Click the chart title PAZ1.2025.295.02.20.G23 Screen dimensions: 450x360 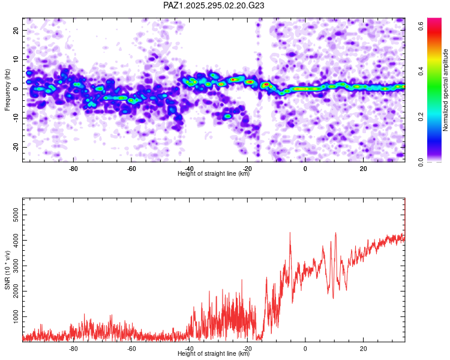coord(214,5)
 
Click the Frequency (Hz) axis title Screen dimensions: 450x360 coord(7,89)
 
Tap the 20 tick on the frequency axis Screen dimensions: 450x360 coord(16,30)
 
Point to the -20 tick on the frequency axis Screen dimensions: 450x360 coord(16,147)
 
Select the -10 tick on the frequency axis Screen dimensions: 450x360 coord(16,118)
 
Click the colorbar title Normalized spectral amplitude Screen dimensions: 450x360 coord(445,89)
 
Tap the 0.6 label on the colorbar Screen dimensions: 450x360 coord(421,26)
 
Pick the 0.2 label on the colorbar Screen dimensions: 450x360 coord(421,116)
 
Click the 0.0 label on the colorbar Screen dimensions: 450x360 coord(421,162)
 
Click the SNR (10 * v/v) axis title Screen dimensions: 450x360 coord(7,270)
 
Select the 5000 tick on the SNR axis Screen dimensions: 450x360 coord(16,215)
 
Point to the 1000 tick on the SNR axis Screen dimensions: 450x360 coord(16,317)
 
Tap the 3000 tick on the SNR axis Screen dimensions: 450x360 coord(16,266)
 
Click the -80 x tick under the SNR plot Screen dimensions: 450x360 coord(73,349)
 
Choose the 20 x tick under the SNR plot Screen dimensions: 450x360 coord(364,349)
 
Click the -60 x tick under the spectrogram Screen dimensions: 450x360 coord(131,169)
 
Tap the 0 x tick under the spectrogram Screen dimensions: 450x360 coord(305,169)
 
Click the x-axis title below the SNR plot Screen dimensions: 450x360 coord(214,353)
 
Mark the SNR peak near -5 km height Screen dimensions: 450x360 coord(290,233)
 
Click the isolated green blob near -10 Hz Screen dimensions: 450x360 coord(227,116)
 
